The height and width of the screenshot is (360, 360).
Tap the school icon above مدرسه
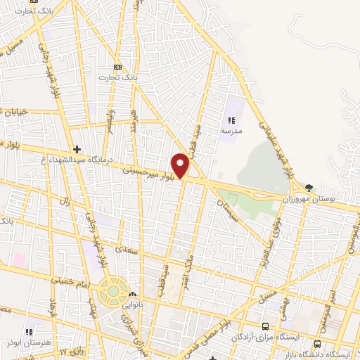pyautogui.click(x=231, y=120)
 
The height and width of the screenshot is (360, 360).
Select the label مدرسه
pyautogui.click(x=231, y=131)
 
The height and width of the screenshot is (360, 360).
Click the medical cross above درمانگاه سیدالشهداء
pyautogui.click(x=77, y=149)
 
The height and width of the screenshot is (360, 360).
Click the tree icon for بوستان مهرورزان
pyautogui.click(x=309, y=187)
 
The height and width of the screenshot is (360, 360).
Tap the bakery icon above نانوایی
pyautogui.click(x=132, y=295)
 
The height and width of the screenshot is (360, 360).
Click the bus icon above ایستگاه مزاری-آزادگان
pyautogui.click(x=265, y=326)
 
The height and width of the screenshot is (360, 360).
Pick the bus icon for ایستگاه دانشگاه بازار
pyautogui.click(x=317, y=344)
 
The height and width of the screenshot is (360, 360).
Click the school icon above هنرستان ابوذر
pyautogui.click(x=30, y=332)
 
